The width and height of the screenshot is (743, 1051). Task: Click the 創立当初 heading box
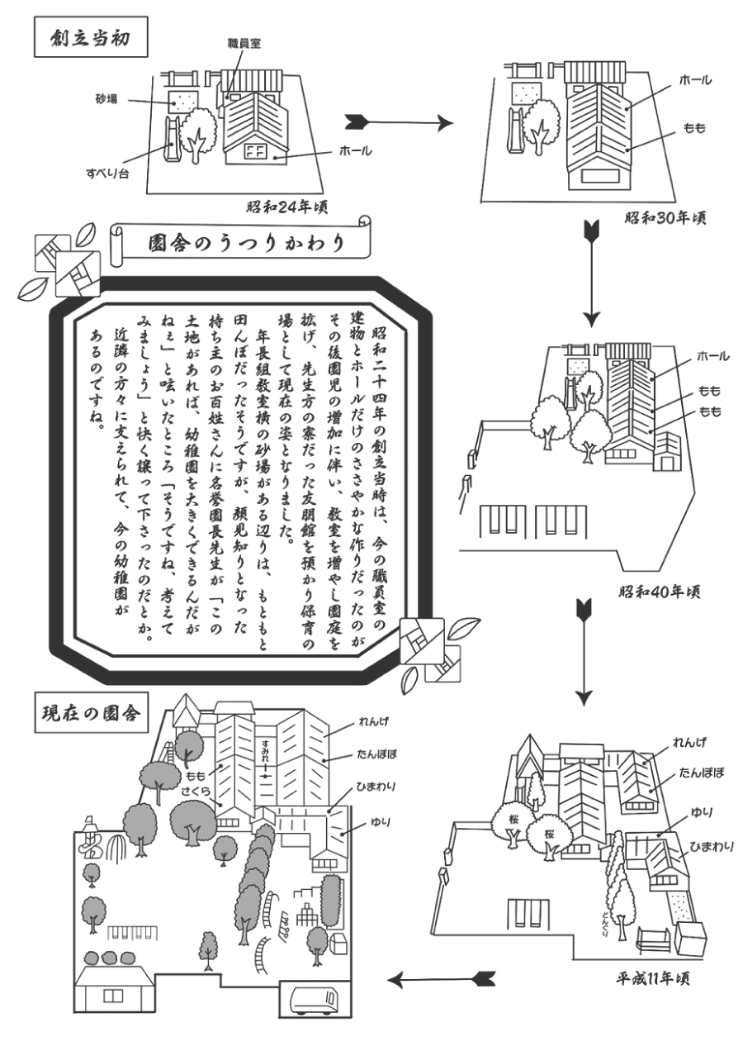(91, 37)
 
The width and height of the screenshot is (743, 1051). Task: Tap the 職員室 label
(244, 44)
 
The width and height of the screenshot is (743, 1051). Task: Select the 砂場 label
(106, 99)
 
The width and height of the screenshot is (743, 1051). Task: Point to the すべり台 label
(106, 174)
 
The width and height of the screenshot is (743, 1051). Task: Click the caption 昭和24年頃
(287, 207)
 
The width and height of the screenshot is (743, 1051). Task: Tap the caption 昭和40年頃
(660, 592)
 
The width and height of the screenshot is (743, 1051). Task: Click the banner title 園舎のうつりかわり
(247, 243)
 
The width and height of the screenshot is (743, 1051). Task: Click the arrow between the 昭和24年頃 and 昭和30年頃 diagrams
(400, 123)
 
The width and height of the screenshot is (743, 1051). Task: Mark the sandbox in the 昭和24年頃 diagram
(183, 102)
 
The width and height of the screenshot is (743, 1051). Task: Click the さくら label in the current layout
(196, 793)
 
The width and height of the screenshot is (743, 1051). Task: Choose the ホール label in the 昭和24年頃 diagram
(355, 151)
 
